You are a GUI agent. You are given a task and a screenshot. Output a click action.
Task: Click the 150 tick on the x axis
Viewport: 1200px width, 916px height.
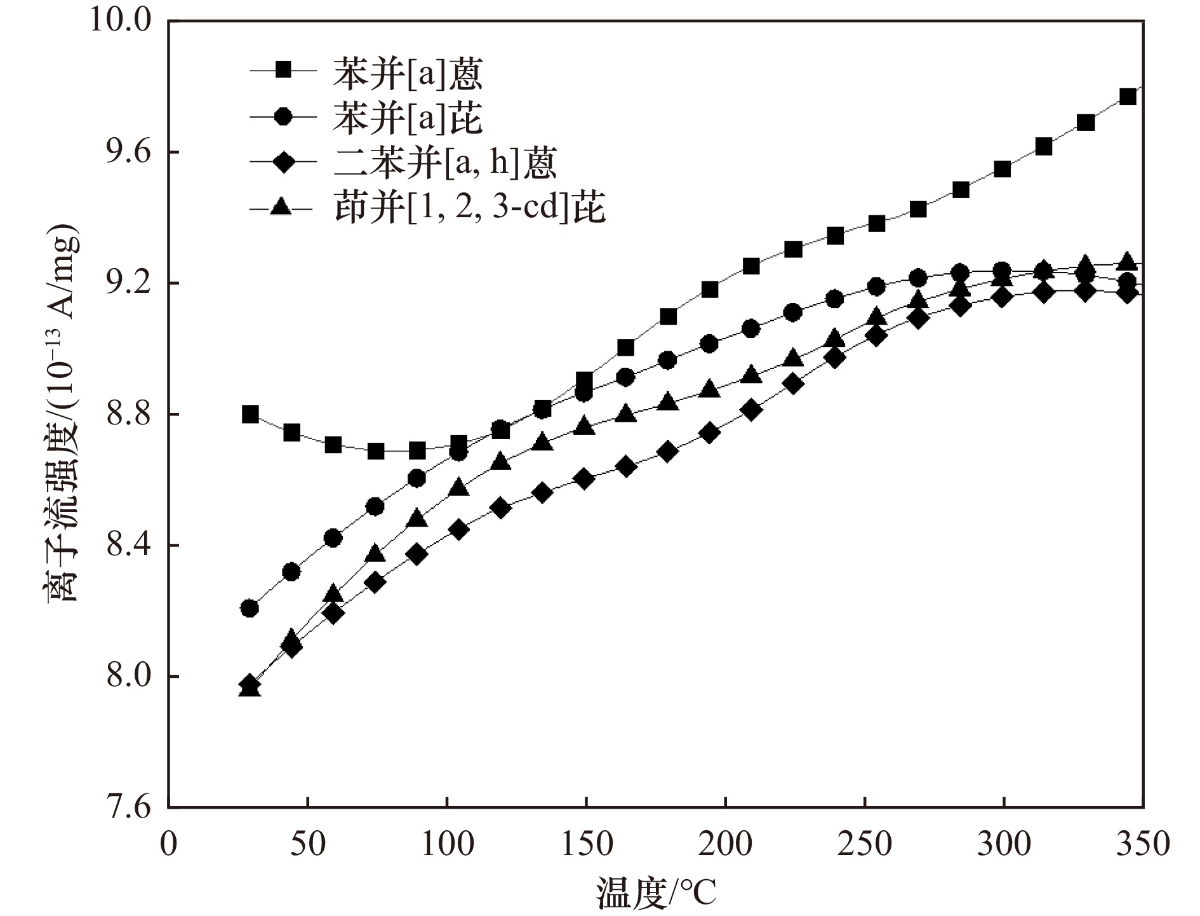(x=585, y=845)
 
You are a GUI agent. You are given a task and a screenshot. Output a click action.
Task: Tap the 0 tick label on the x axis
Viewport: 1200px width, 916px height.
(x=169, y=845)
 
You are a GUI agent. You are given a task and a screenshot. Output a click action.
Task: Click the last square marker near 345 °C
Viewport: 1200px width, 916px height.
(x=1128, y=97)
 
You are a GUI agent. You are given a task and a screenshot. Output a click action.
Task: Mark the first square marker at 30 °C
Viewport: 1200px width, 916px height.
(x=250, y=414)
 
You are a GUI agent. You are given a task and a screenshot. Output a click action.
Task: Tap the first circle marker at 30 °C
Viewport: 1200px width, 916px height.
(x=250, y=608)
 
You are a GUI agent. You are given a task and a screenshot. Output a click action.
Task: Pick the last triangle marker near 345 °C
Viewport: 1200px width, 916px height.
(x=1128, y=261)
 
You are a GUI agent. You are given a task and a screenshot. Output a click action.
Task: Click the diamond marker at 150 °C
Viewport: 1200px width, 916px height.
(x=585, y=479)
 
